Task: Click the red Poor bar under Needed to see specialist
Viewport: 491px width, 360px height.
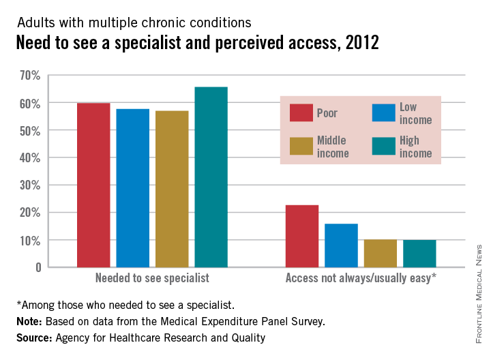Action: coord(93,185)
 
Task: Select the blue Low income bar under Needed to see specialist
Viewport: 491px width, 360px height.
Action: coord(133,187)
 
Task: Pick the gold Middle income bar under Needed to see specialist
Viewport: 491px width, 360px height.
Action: coord(172,188)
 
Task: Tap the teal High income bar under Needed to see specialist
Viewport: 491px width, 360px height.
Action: coord(211,177)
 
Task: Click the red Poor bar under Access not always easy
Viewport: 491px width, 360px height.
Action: coord(301,236)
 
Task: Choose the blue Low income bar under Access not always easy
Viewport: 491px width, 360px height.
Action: coord(341,245)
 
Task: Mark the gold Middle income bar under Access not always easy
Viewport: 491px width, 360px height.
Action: coord(380,253)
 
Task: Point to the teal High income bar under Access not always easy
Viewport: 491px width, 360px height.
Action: coord(419,253)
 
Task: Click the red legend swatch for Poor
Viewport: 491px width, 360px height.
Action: coord(301,113)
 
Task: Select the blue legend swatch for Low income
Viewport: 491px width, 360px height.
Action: coord(383,113)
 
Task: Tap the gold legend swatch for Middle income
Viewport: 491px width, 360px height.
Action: coord(301,146)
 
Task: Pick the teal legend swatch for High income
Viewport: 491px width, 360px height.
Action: coord(383,146)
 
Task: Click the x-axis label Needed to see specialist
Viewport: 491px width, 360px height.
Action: coord(152,278)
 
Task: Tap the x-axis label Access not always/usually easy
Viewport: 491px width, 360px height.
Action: coord(361,278)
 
